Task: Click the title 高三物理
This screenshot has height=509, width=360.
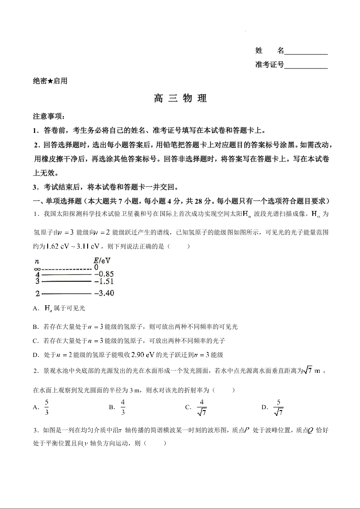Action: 180,98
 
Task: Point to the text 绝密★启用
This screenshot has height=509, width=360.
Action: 50,81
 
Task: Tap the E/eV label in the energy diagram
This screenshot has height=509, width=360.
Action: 102,260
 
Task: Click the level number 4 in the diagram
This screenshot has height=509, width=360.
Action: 38,274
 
